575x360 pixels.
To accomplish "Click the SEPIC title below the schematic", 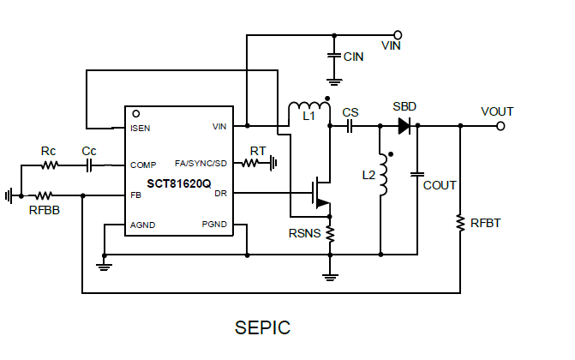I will (x=262, y=327).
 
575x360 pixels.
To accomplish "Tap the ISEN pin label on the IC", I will (x=141, y=128).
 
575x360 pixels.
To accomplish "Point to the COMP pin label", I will (x=143, y=165).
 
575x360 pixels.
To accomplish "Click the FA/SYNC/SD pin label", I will (x=201, y=164).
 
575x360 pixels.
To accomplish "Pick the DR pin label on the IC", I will (x=220, y=194).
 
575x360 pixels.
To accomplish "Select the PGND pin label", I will (x=214, y=225).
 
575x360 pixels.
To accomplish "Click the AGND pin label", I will (x=143, y=225).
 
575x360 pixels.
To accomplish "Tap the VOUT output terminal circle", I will (x=501, y=127).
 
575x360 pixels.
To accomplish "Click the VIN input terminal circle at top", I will (x=398, y=36).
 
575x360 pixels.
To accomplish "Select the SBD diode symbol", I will (x=404, y=127).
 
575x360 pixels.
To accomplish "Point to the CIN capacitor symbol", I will (x=333, y=56).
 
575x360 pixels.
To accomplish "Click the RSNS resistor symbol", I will (x=329, y=232).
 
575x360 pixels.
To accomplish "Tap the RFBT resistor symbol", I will (x=461, y=225).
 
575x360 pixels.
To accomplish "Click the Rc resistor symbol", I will (x=50, y=165).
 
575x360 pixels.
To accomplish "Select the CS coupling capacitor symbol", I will (x=350, y=127).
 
